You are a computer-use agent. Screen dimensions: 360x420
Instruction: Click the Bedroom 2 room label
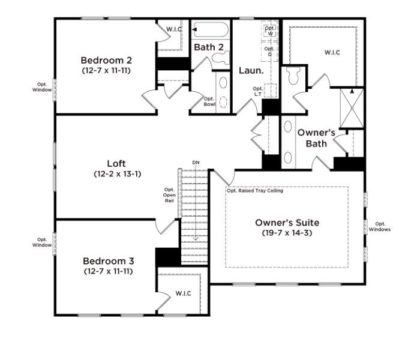(x=106, y=60)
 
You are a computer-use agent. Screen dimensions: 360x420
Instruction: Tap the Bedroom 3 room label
(x=108, y=261)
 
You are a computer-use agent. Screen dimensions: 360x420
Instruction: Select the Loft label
(x=116, y=163)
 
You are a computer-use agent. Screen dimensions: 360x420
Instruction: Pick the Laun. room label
(x=251, y=70)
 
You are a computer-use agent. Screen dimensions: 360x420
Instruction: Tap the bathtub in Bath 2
(x=210, y=29)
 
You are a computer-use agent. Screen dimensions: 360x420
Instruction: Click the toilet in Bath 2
(x=221, y=58)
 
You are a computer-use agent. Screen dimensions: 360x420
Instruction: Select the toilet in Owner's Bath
(x=294, y=76)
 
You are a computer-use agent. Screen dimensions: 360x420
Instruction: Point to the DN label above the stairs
(x=196, y=163)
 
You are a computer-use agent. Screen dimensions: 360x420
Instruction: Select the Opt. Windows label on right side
(x=379, y=227)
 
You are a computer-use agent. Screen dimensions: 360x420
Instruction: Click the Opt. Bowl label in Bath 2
(x=209, y=101)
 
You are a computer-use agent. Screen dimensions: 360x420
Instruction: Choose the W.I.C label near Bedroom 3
(x=183, y=293)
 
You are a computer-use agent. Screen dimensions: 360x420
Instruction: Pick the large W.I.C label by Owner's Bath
(x=332, y=52)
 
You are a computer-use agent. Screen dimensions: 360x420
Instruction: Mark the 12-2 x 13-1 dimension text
(x=116, y=174)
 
